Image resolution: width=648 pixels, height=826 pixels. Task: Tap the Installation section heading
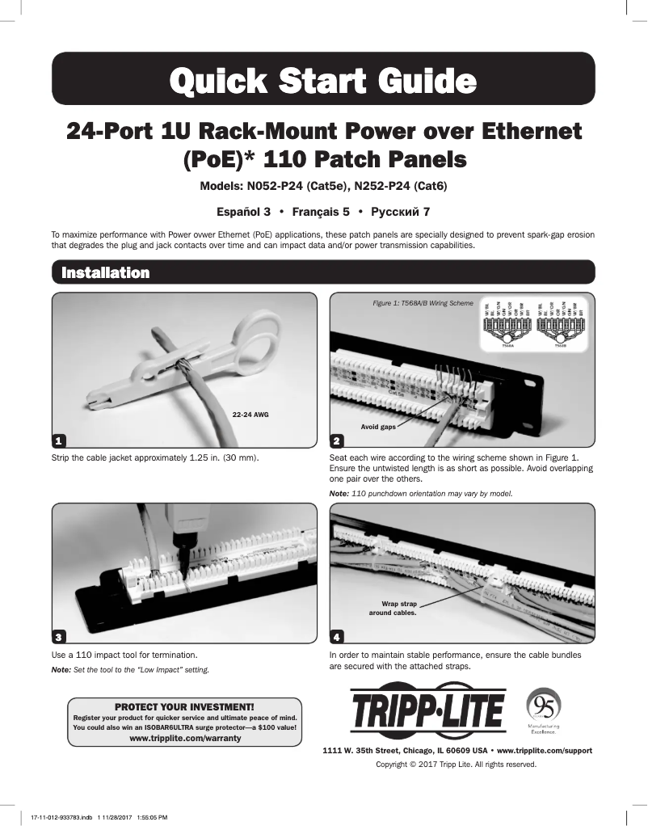tap(106, 272)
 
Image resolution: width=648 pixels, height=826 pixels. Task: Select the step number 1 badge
tap(59, 440)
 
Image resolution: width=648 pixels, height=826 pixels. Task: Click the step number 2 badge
tap(337, 440)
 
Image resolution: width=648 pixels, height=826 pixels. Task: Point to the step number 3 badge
tap(59, 636)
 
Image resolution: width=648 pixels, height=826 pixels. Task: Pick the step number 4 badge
tap(337, 636)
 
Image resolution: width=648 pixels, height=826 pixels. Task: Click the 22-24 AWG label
tap(250, 414)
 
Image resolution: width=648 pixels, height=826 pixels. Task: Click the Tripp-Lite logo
tap(427, 713)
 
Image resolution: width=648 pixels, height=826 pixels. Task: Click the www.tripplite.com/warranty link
tap(185, 740)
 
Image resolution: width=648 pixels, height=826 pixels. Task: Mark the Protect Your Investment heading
tap(185, 706)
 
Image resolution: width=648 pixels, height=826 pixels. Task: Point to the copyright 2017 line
tap(457, 765)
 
